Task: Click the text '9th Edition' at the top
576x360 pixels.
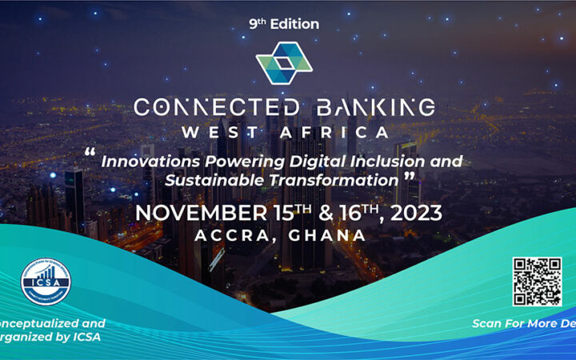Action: coord(284,24)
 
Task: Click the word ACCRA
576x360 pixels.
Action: coord(232,235)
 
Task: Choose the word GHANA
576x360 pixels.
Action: coord(332,235)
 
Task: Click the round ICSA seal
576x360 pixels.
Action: coord(46,281)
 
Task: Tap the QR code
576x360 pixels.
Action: coord(536,281)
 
